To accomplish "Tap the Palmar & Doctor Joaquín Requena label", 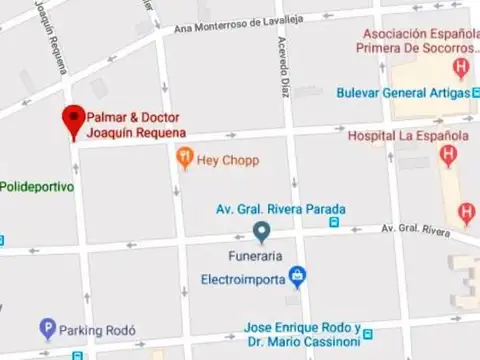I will (136, 124).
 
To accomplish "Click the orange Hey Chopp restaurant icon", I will (184, 157).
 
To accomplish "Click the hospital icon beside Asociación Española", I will (461, 69).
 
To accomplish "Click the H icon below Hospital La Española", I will (448, 156).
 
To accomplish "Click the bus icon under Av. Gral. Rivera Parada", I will (333, 223).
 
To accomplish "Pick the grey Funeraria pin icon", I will (261, 233).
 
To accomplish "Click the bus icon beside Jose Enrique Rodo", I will (368, 329).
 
